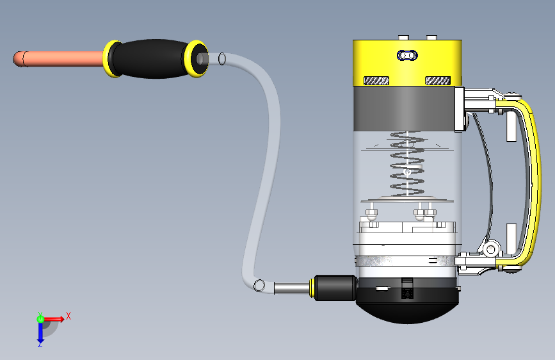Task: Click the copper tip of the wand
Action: pos(58,59)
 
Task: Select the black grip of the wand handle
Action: pos(152,59)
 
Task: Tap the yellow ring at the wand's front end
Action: pos(111,59)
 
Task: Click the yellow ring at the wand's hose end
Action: pos(196,58)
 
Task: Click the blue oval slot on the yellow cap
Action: pos(407,56)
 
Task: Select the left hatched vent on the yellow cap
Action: pos(376,81)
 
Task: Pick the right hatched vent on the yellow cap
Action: pos(438,81)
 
